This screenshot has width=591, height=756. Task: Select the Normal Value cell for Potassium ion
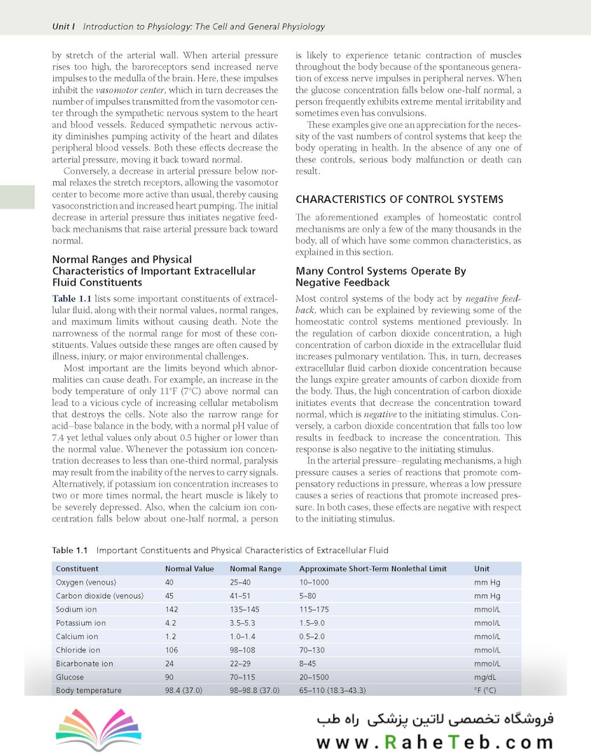(170, 623)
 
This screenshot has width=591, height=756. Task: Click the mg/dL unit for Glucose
(485, 677)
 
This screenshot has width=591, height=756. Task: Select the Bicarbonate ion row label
(84, 664)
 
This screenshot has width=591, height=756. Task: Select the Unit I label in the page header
(64, 27)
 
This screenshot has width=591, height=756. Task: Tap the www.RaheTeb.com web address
(435, 742)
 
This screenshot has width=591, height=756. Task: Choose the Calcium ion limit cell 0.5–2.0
(313, 637)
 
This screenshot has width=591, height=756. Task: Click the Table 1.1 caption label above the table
(71, 550)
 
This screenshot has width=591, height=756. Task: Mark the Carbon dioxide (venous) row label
(99, 596)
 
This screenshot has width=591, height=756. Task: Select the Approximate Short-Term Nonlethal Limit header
(373, 569)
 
